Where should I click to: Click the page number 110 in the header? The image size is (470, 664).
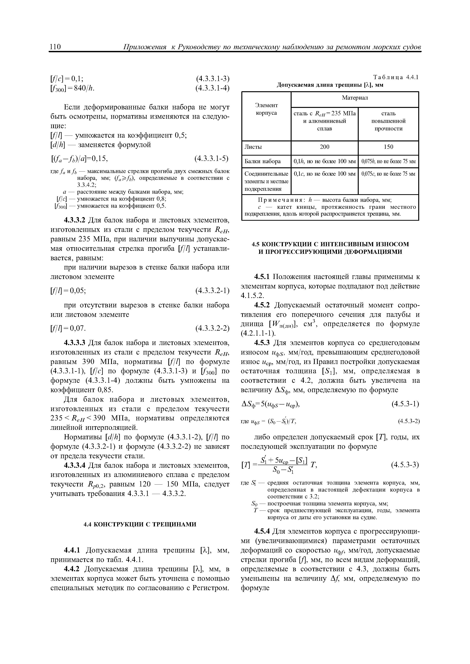[55, 47]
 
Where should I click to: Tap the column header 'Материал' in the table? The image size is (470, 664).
[355, 98]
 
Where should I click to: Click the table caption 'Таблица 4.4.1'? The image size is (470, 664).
[396, 77]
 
